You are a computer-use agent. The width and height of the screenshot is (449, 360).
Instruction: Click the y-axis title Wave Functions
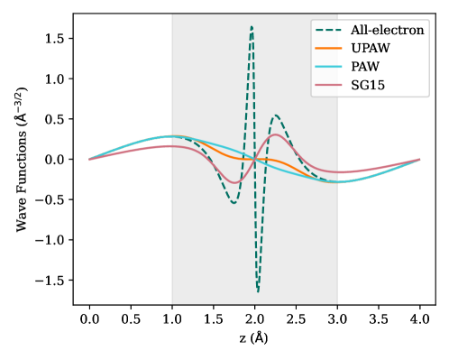point(22,159)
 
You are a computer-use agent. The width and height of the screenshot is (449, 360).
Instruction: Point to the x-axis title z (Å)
point(254,340)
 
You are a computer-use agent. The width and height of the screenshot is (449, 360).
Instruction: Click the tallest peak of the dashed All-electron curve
point(252,26)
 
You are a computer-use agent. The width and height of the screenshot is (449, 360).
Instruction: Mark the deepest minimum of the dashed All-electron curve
point(258,292)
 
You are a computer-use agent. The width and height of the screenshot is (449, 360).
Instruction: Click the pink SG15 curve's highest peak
point(275,134)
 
